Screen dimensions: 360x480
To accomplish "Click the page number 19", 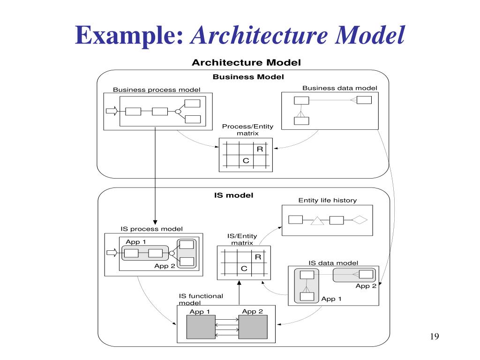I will (x=434, y=337).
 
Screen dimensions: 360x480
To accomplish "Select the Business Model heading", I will (x=248, y=77).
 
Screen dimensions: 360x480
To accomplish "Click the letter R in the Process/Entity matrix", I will (x=260, y=149).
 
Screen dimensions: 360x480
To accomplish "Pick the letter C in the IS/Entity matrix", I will (x=244, y=268).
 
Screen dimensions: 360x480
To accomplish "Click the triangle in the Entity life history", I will (x=318, y=220).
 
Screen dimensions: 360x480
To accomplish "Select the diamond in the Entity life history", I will (x=360, y=220).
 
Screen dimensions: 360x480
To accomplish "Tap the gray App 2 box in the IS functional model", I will (x=253, y=327).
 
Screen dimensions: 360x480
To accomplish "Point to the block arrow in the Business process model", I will (x=112, y=111).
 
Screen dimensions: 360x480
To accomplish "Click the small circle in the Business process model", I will (x=178, y=112).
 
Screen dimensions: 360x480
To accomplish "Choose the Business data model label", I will (x=339, y=88).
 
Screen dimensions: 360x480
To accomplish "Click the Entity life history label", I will (x=328, y=200).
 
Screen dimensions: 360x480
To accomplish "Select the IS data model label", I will (x=333, y=263).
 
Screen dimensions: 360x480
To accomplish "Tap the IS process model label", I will (x=152, y=229).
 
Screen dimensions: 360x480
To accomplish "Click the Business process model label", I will (x=157, y=90).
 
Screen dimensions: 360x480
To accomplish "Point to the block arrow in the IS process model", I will (x=112, y=253).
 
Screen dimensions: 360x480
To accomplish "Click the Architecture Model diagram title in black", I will (x=247, y=62).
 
